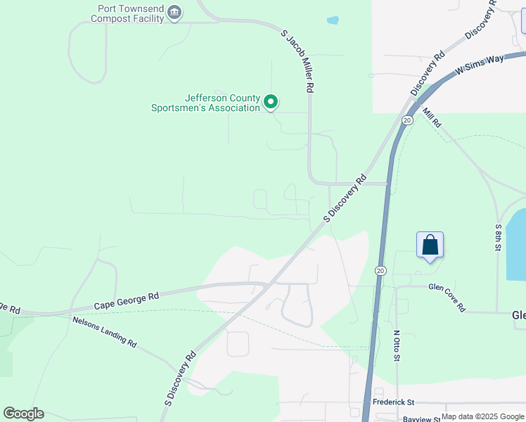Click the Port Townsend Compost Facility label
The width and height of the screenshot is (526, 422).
(131, 13)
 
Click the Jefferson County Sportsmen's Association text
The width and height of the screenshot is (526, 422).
(205, 103)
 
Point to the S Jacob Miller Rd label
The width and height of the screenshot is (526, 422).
(297, 61)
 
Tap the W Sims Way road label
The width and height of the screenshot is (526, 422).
(480, 65)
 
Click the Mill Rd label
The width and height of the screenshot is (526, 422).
(432, 117)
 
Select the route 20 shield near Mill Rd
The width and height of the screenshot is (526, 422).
(407, 121)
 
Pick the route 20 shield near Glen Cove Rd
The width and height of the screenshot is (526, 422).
(380, 270)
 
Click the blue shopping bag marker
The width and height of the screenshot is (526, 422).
(430, 245)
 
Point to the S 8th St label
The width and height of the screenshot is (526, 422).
(498, 238)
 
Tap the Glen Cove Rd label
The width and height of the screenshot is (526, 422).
(447, 296)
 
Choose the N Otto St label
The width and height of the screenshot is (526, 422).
(397, 346)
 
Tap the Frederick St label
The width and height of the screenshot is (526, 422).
(393, 402)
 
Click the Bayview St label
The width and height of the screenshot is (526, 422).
(421, 418)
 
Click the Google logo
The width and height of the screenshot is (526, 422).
(23, 414)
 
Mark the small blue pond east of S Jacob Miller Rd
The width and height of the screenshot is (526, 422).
(333, 20)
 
